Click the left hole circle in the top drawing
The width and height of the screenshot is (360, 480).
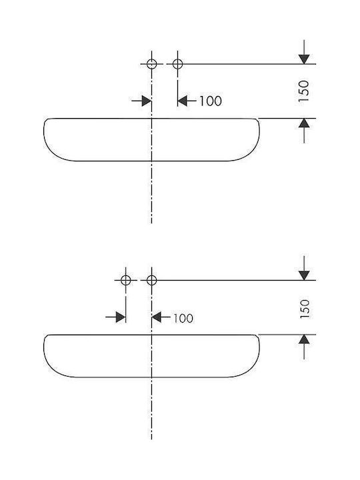point(152,60)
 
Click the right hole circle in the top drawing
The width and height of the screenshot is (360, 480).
point(177,60)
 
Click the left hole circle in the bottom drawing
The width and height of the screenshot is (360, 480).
point(126,275)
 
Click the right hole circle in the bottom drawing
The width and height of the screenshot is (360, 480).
point(152,275)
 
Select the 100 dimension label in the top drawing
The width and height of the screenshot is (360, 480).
point(211,101)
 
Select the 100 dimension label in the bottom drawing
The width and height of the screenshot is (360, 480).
point(183,319)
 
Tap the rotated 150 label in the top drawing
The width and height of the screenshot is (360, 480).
point(304,91)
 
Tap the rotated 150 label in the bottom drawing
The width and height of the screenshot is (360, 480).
point(305,309)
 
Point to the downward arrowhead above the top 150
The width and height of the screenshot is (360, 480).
point(304,59)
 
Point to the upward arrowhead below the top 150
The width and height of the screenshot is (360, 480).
point(304,123)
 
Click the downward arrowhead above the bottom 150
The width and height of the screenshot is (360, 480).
point(304,275)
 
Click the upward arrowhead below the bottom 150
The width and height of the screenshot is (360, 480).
point(304,339)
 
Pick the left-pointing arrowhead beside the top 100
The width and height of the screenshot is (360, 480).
point(183,101)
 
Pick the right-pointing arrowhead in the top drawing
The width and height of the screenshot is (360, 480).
point(147,101)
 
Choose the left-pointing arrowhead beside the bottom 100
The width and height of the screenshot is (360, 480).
point(157,317)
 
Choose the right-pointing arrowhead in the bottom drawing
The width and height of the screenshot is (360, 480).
point(121,317)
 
